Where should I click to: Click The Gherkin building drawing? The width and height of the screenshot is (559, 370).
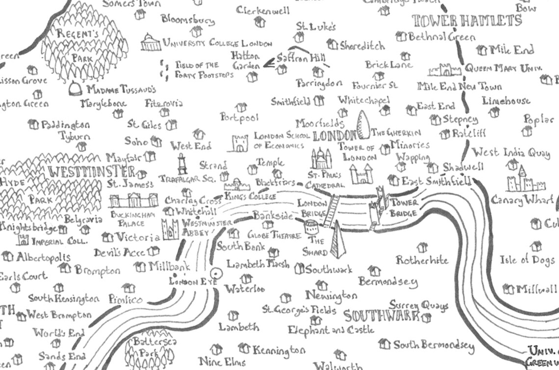click(x=363, y=125)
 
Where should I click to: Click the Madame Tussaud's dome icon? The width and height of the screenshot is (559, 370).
click(x=76, y=89)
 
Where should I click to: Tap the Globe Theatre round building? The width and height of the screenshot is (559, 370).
click(x=310, y=227)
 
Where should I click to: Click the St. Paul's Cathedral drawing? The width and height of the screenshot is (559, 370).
click(x=321, y=160)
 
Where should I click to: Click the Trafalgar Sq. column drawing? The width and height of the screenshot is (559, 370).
click(x=182, y=164)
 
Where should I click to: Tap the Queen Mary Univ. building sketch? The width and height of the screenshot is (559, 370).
click(x=445, y=69)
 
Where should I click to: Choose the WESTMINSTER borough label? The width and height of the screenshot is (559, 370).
click(x=92, y=172)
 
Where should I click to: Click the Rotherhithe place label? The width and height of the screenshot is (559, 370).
click(x=422, y=260)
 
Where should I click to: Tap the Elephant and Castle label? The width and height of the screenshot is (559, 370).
click(x=331, y=330)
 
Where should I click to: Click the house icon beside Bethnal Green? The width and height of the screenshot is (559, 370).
click(x=401, y=36)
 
